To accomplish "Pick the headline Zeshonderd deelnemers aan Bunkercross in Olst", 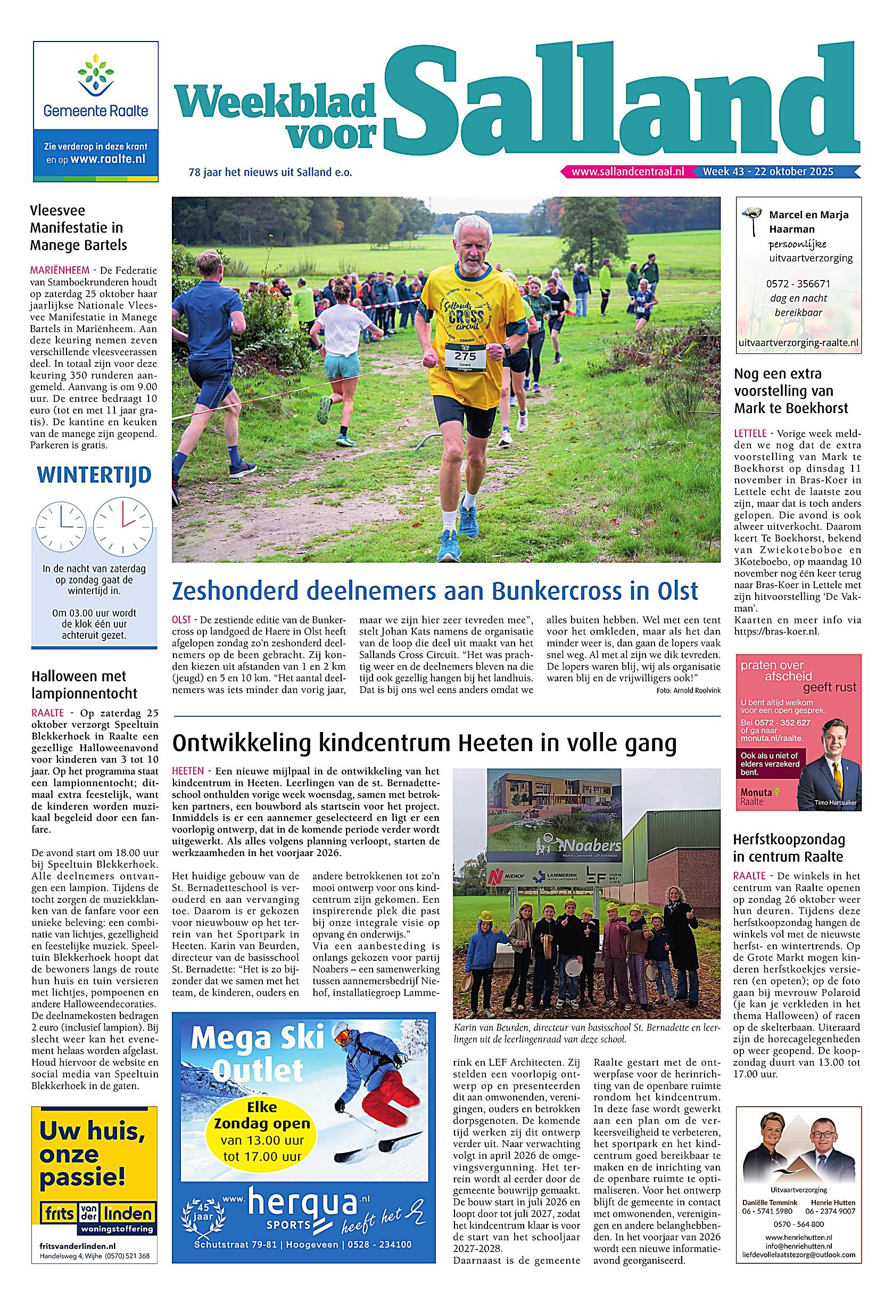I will (435, 591).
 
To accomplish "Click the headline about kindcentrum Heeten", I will (424, 744).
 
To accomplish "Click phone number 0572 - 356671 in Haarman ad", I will (797, 284).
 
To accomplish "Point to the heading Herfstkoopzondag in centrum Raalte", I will (788, 848).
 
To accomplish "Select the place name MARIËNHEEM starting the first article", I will (55, 269).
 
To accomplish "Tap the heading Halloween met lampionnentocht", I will (85, 685).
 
